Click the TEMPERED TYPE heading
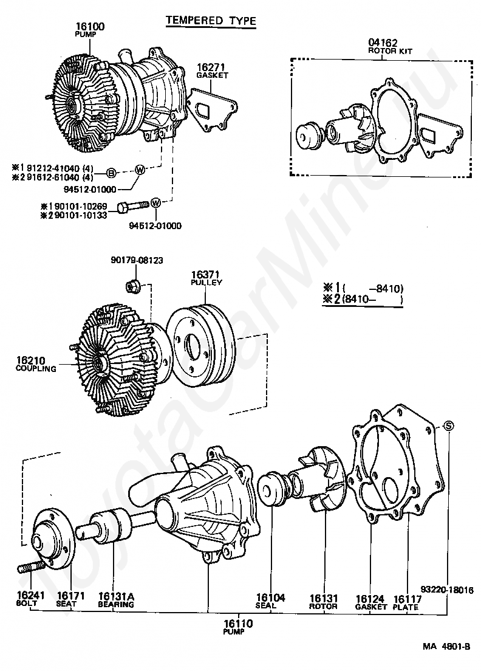211,21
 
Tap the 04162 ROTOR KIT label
390,46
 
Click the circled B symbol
111,173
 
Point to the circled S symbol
448,425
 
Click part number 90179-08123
137,260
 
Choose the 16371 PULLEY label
206,278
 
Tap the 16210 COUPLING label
36,364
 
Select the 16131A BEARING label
116,599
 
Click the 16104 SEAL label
270,601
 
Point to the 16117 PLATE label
406,602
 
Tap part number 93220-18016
446,590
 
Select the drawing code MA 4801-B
446,647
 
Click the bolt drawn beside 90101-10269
132,207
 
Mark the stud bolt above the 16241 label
32,567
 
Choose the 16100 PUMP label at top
89,30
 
